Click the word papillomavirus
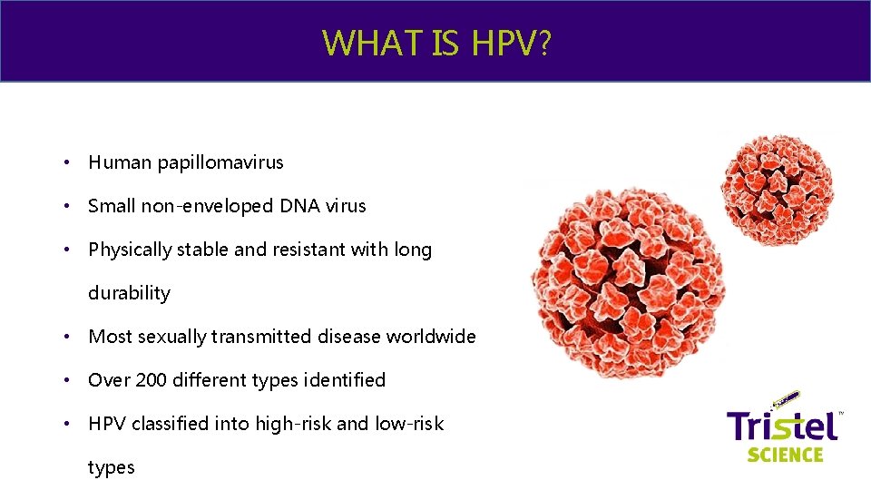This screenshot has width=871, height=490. click(220, 163)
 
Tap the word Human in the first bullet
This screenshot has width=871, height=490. click(120, 163)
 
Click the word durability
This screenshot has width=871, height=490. click(129, 293)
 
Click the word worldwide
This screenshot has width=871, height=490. click(431, 337)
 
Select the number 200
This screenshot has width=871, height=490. click(151, 380)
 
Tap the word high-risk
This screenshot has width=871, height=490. click(286, 424)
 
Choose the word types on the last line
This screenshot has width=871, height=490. click(111, 467)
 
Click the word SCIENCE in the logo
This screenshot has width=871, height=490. click(785, 455)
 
